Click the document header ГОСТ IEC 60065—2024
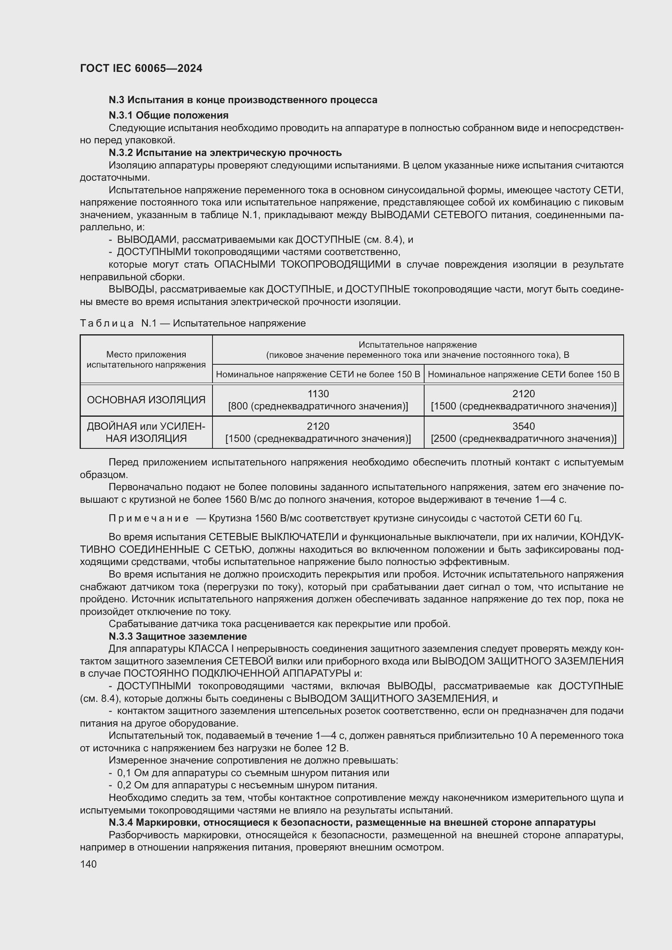141,68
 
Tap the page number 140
88,864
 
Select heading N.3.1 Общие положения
169,115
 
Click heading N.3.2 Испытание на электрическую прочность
225,153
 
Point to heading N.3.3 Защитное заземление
178,636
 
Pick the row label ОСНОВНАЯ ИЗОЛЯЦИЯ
146,400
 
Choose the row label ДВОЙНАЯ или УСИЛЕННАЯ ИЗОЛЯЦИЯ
146,432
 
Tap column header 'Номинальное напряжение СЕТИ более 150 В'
523,374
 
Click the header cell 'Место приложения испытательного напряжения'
146,359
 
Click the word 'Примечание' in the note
149,518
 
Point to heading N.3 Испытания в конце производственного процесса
243,100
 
